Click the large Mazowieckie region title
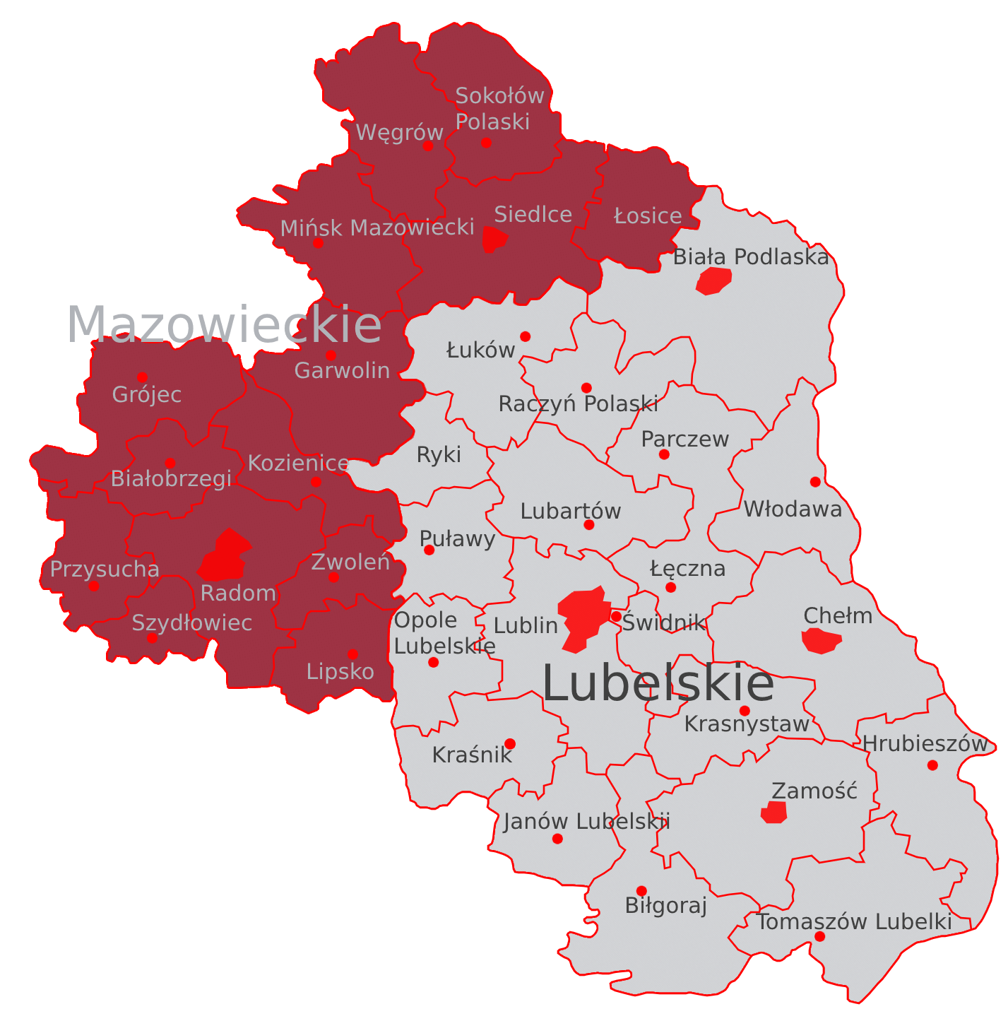[224, 325]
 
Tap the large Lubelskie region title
[658, 684]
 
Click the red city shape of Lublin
[584, 615]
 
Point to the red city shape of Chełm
[821, 641]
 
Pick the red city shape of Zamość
[774, 812]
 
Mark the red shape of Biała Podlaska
[713, 281]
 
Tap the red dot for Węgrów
[428, 146]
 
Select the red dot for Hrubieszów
[932, 765]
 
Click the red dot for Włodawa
[815, 482]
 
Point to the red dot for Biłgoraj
[641, 891]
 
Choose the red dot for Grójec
[143, 377]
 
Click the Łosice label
[648, 216]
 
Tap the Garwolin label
[342, 370]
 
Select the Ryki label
[439, 454]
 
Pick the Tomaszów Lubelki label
[853, 921]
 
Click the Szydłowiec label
[191, 622]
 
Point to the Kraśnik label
[472, 755]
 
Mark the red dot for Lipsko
[352, 655]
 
